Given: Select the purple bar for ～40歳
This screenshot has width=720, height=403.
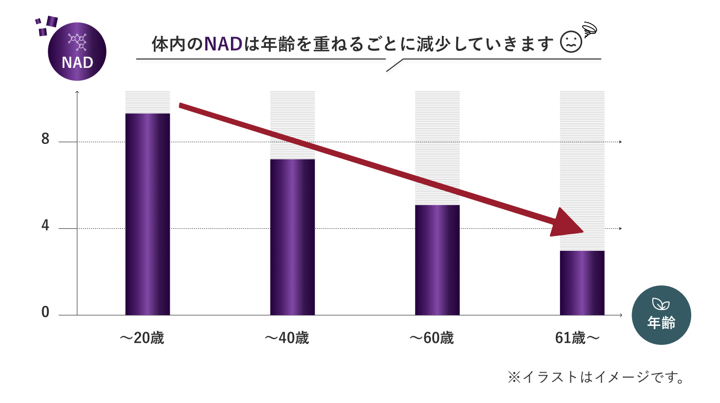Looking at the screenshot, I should click(292, 237).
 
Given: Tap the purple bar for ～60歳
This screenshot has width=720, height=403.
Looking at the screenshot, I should click(437, 260).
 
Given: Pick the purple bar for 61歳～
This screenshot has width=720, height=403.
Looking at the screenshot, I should click(582, 283).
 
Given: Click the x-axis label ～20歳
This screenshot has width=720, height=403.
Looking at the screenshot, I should click(142, 339).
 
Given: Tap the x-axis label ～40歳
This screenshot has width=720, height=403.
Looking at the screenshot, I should click(286, 339).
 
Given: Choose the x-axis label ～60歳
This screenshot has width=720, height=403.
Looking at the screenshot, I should click(431, 339).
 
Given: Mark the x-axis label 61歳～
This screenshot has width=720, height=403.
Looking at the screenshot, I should click(578, 339).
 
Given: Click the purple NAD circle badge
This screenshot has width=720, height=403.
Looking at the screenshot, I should click(77, 51).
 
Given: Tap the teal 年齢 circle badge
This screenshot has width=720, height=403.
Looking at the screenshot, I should click(661, 315).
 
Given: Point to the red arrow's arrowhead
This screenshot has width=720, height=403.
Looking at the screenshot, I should click(568, 224).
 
